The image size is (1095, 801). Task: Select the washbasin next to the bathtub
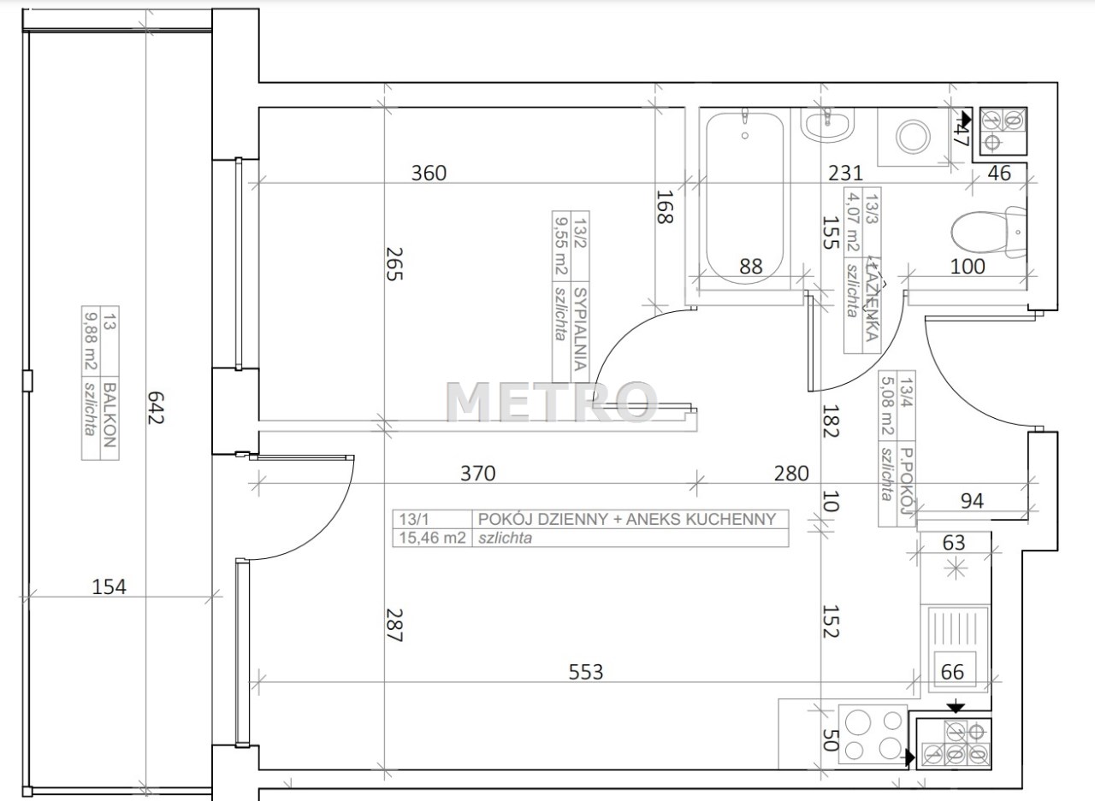click(827, 125)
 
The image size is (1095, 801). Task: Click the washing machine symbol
click(913, 137)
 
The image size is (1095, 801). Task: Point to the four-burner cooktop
click(873, 734)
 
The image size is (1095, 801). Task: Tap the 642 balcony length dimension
click(155, 407)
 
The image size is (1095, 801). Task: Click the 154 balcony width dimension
click(109, 586)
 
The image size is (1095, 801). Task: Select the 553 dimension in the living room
click(586, 672)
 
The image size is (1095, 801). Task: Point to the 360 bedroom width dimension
click(429, 173)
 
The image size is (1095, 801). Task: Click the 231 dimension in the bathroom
click(845, 173)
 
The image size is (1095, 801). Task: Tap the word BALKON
click(109, 414)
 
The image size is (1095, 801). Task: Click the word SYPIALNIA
click(580, 329)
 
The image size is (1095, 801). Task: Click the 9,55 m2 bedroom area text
click(561, 247)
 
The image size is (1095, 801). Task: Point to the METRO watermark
click(552, 402)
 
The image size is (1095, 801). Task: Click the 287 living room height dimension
click(394, 625)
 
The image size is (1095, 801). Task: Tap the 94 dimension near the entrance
click(972, 501)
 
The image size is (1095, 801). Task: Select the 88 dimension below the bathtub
click(751, 267)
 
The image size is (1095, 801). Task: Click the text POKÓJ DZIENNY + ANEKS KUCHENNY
click(627, 519)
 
